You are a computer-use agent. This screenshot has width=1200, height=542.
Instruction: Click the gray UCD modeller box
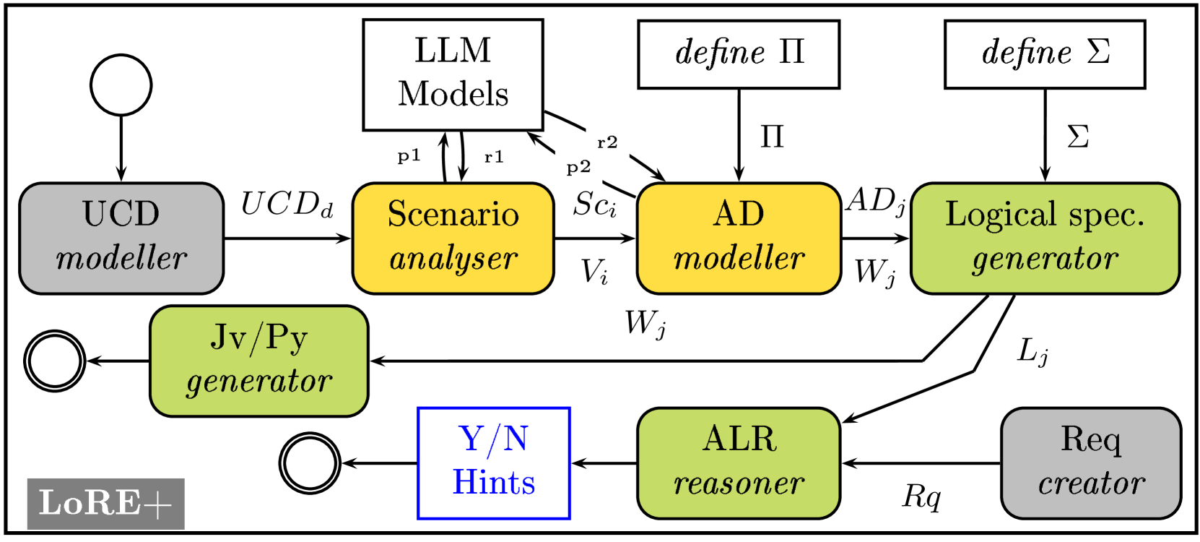[121, 238]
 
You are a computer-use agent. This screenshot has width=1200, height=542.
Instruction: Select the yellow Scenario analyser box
[453, 238]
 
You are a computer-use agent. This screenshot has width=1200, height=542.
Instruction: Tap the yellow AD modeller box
[739, 238]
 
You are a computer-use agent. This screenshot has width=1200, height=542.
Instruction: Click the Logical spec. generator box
[1045, 238]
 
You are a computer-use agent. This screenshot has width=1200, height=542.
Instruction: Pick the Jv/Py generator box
[258, 361]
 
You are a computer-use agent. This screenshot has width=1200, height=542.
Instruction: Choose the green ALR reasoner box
[739, 463]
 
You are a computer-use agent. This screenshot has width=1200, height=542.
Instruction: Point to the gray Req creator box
[1090, 463]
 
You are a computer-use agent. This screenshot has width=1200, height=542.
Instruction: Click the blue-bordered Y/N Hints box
[494, 463]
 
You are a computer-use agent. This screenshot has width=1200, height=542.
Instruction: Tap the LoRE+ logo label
[105, 503]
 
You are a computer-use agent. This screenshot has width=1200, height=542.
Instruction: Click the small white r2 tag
[607, 142]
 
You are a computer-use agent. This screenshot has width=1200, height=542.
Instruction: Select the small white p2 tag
[578, 168]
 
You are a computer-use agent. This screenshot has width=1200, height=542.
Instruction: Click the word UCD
[121, 214]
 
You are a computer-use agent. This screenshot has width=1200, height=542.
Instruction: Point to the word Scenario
[453, 214]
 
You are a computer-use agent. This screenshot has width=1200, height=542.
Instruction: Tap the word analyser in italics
[453, 259]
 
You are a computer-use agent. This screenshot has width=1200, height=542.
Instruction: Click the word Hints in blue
[494, 482]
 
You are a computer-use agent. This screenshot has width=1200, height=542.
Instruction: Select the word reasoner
[739, 483]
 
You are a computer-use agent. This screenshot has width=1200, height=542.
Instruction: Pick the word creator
[1091, 483]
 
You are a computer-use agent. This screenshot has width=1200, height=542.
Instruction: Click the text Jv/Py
[258, 337]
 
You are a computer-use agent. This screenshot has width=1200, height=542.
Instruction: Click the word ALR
[739, 439]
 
